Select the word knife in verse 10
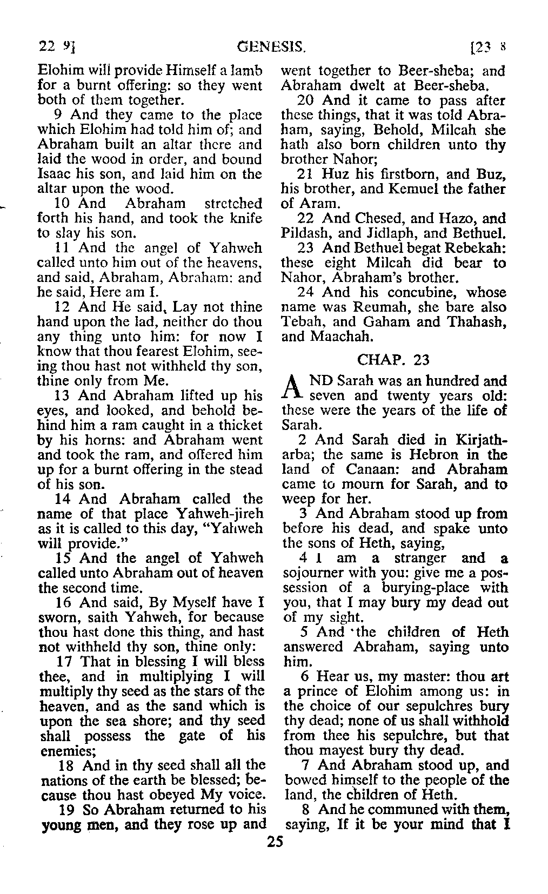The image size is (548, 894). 248,219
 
